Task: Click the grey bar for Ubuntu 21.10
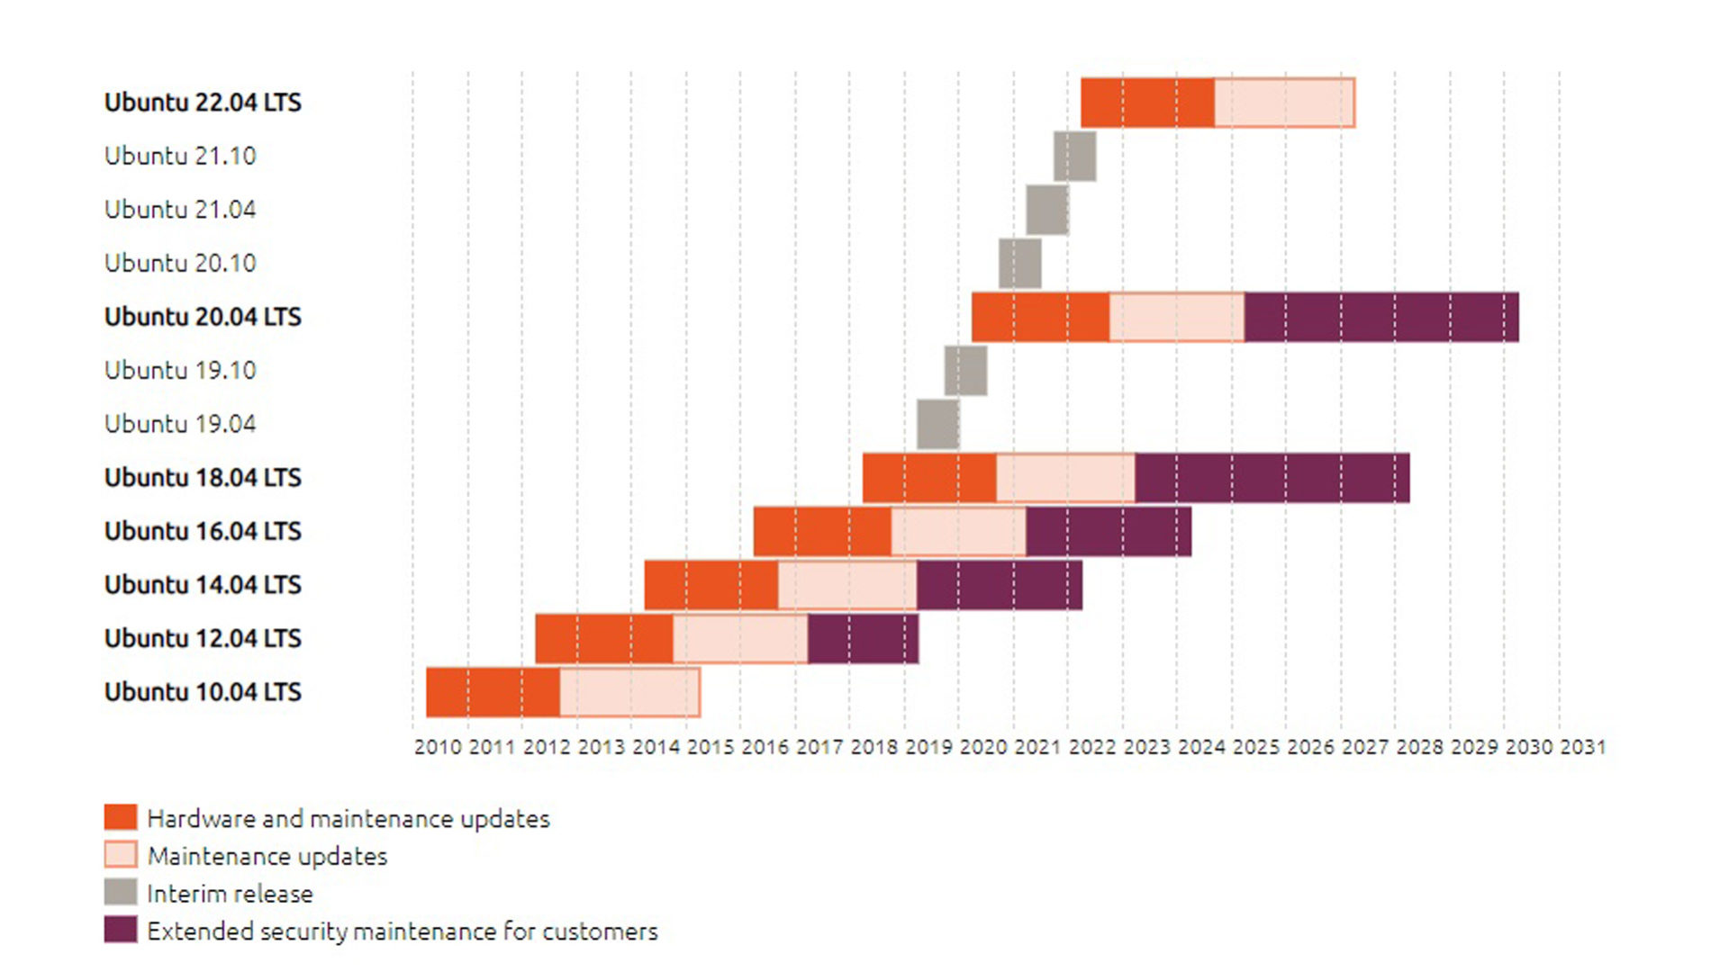1074,156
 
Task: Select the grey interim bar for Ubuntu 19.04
937,424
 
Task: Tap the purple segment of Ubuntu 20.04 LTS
1380,317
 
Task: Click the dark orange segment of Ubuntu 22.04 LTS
1146,103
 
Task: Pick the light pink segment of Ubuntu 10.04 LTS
629,692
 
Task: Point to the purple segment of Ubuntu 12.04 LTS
863,638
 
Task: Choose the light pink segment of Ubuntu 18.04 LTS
1065,478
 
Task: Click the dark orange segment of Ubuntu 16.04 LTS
822,531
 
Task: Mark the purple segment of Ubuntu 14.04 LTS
999,585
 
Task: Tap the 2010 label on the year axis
438,747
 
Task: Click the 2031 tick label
1582,747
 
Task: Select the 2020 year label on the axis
983,747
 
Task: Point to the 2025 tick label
1255,747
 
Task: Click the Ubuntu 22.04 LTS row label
203,103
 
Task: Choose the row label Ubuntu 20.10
180,263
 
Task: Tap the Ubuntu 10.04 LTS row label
203,692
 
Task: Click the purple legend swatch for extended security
121,930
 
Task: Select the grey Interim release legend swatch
121,892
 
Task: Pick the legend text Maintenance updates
267,856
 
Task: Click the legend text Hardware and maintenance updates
349,818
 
